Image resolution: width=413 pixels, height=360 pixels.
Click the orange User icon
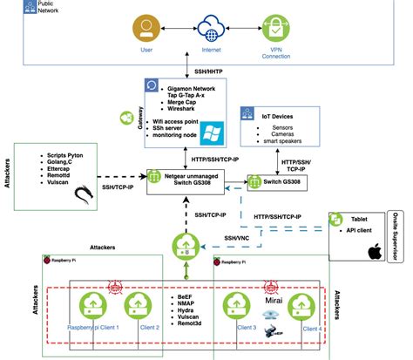146,30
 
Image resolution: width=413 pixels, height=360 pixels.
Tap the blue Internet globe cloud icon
211,31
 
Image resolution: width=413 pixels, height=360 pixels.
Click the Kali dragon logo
86,194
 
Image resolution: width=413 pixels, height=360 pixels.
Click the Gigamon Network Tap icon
152,89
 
